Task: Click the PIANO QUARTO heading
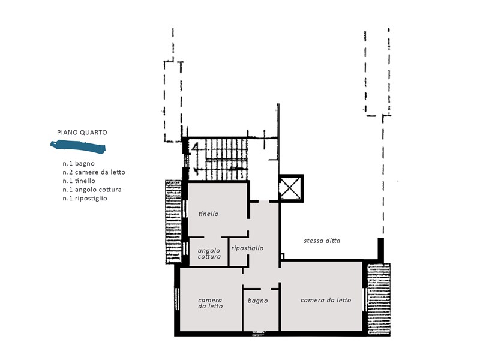point(82,133)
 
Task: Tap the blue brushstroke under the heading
point(78,146)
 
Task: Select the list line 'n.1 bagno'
point(79,163)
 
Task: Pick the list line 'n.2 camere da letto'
point(94,172)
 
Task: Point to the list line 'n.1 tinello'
point(79,181)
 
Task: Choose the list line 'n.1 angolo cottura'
point(92,190)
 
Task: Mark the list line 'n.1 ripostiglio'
point(85,199)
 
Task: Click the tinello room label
point(208,214)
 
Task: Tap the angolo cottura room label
point(209,253)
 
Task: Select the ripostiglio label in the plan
point(247,248)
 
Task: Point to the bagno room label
point(258,301)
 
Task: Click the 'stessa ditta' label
point(322,241)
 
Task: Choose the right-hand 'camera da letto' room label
point(326,300)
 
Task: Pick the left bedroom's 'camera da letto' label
point(211,303)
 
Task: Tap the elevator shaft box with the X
point(291,188)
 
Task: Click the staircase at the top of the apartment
point(218,159)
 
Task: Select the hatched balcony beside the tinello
point(173,221)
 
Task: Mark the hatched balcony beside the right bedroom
point(379,299)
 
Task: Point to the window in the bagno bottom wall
point(258,334)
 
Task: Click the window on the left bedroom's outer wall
point(177,299)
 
